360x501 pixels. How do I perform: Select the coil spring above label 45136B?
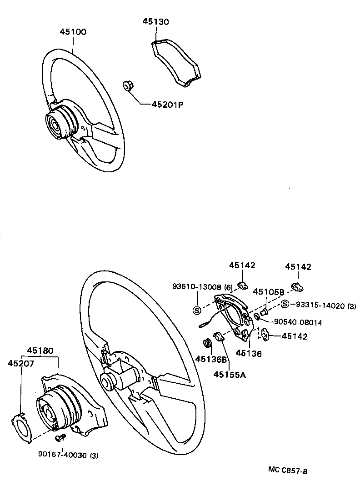(x=208, y=343)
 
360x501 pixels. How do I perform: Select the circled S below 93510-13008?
(x=197, y=311)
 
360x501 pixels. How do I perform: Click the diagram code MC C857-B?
(x=287, y=471)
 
